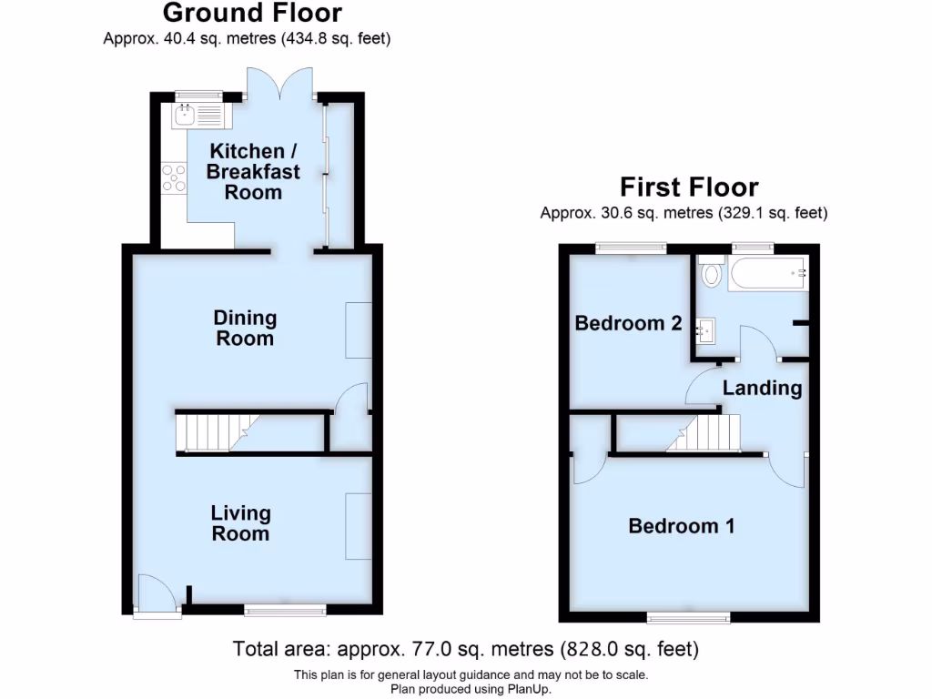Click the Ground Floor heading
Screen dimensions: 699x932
[253, 14]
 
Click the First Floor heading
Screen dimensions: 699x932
[689, 187]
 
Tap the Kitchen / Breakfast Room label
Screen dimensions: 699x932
[244, 171]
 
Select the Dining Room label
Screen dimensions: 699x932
[245, 328]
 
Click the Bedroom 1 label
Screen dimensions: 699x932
[682, 526]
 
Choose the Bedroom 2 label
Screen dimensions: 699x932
[628, 323]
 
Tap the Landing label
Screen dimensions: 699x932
[762, 389]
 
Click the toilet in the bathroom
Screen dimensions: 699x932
[711, 272]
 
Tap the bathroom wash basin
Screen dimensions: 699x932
[706, 329]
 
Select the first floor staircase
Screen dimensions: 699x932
[704, 432]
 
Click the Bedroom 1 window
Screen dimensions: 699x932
[688, 617]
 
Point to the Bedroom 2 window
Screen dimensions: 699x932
[631, 247]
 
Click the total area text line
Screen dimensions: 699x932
[465, 650]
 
